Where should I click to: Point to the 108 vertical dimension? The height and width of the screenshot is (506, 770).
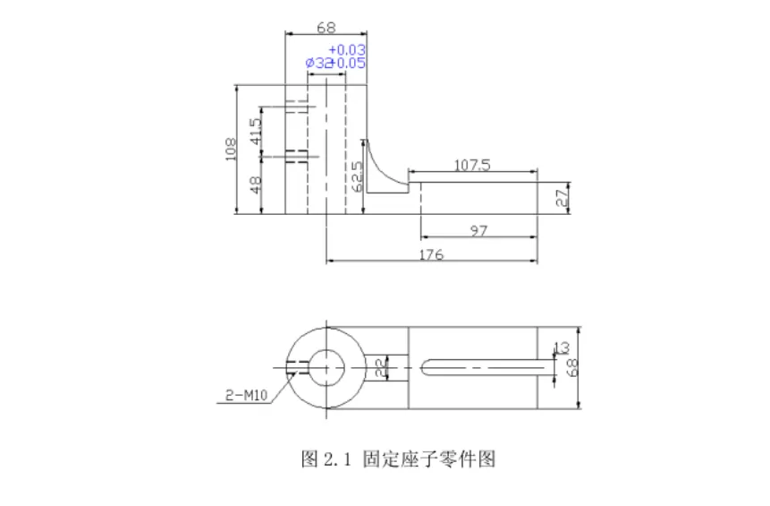tap(231, 149)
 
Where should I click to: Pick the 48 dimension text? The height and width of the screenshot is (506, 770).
tap(256, 185)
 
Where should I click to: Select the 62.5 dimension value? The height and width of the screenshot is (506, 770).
tap(357, 177)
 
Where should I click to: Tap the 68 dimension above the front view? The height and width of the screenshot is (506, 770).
tap(326, 27)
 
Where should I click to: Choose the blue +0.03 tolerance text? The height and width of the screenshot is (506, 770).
tap(347, 49)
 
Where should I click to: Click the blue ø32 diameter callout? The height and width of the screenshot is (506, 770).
tap(318, 64)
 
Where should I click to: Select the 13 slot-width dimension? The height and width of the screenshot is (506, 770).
tap(562, 348)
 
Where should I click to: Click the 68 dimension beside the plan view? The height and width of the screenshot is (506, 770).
tap(573, 366)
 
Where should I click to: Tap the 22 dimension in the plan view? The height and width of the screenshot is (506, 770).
tap(379, 366)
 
